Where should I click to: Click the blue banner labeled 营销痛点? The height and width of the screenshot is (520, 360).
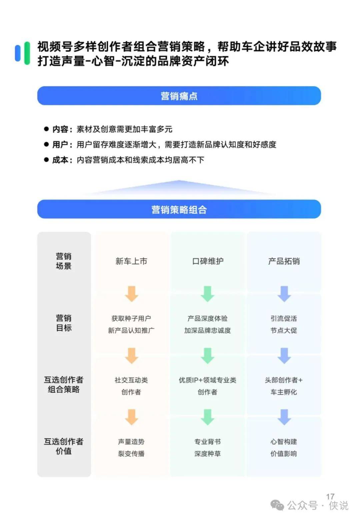[x=179, y=96]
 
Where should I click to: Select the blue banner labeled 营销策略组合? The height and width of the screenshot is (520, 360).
[x=179, y=209]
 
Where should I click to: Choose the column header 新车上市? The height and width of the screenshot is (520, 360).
[x=131, y=261]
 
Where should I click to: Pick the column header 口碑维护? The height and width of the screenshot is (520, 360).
[x=208, y=261]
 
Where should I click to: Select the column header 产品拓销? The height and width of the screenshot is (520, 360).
[x=284, y=261]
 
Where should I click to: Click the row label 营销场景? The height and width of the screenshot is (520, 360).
[x=64, y=261]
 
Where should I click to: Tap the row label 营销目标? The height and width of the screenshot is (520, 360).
[x=64, y=323]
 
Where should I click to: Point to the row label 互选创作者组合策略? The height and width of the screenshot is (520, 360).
[x=64, y=385]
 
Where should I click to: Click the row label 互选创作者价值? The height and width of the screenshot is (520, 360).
[x=64, y=446]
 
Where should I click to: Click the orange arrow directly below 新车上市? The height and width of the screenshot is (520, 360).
[x=132, y=294]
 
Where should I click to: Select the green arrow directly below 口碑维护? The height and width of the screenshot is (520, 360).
[x=208, y=294]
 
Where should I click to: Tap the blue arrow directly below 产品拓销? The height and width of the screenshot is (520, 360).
[x=284, y=294]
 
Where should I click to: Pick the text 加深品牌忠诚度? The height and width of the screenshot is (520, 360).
[x=208, y=330]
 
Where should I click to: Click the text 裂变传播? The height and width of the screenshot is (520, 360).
[x=131, y=454]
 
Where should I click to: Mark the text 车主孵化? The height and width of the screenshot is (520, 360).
[x=284, y=392]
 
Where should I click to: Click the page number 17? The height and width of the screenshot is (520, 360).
[x=330, y=497]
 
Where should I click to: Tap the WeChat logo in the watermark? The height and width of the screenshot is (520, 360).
[x=277, y=505]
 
